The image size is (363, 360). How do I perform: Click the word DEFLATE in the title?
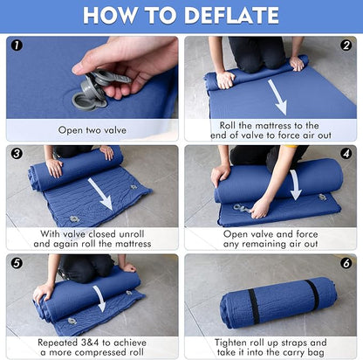pos(231,15)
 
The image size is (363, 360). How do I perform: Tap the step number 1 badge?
pos(17,45)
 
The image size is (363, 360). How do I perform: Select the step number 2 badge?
pos(346,45)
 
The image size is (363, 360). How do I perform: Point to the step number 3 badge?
pos(17,154)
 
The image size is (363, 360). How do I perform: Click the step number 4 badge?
pos(346,154)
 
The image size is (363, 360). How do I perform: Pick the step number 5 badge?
pos(17,263)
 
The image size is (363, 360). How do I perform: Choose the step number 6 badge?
pos(346,263)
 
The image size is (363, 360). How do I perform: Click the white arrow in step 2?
pos(277,97)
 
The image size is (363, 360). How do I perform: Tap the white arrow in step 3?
pos(100,194)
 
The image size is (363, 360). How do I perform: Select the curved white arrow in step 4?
pos(296,184)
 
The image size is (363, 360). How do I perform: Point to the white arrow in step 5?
pos(100,298)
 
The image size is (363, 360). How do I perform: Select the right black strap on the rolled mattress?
pos(312,294)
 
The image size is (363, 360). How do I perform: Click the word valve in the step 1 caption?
pos(115,130)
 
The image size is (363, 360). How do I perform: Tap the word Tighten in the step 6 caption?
pos(231,343)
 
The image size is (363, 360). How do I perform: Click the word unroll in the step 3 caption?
pos(131,234)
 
